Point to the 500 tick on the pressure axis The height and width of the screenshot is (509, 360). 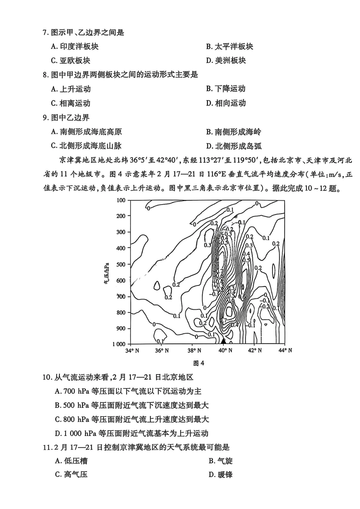[121, 264]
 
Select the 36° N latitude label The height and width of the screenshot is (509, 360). [162, 351]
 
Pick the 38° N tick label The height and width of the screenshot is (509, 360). [194, 351]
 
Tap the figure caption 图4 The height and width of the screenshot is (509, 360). [199, 363]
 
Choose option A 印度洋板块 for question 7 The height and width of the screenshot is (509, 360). [75, 47]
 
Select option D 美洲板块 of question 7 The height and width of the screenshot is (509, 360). [226, 61]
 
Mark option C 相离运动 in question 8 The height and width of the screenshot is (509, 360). [71, 103]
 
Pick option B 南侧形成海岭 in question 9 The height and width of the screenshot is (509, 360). [233, 132]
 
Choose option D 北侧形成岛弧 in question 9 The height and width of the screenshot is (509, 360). [234, 146]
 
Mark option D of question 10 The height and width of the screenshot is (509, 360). [131, 433]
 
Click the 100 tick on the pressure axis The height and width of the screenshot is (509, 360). [121, 200]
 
